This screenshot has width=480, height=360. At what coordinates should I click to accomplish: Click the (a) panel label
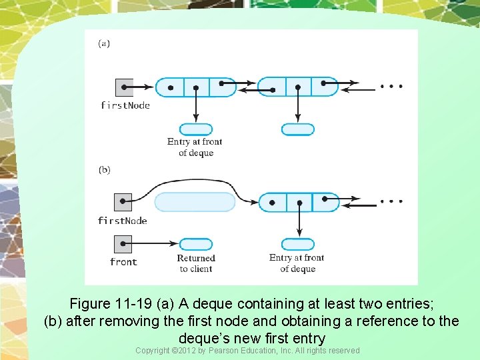coord(104,44)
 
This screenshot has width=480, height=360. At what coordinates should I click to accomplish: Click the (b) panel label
coord(105,169)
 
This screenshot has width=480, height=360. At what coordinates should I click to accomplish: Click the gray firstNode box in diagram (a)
coord(124,87)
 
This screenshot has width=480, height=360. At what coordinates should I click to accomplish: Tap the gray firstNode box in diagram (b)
coord(123,201)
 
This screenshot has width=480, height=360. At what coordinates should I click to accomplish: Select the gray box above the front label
coord(123,244)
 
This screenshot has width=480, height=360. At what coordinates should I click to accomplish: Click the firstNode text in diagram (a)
coord(125,105)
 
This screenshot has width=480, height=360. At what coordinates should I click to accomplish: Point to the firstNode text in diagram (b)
coord(123,221)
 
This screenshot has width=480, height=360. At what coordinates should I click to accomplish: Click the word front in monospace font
coord(123,262)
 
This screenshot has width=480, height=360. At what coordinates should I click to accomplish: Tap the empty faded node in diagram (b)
coord(195,201)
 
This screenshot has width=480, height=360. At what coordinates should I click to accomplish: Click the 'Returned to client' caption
coord(196,263)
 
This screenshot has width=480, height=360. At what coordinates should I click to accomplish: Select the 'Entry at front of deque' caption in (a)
coord(195,147)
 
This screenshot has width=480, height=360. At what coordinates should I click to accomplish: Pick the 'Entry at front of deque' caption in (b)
coord(297,263)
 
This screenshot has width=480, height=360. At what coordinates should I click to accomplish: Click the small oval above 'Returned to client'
coord(196,244)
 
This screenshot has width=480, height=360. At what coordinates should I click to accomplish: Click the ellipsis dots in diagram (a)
coord(391,87)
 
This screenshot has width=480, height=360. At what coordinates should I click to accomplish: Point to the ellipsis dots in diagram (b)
coord(391,201)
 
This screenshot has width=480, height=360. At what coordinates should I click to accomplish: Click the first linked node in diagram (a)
coord(196,87)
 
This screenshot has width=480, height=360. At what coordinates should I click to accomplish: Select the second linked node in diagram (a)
coord(298,87)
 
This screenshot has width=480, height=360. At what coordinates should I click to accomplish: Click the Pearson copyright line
coord(247,351)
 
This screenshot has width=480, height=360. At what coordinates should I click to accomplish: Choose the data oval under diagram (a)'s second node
coord(298,129)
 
